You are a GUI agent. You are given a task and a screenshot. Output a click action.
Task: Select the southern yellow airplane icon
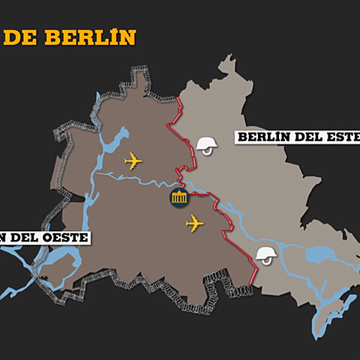[x=194, y=223]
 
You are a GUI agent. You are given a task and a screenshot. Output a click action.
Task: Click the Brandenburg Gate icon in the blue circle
[x=179, y=199]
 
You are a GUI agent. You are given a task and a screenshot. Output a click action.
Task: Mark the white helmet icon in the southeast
[x=265, y=255]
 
